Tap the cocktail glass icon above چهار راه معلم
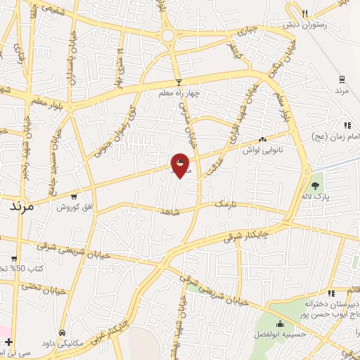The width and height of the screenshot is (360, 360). (179, 82)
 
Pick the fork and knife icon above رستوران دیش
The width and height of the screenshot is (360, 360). (304, 13)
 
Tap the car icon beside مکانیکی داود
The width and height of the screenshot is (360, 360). (63, 331)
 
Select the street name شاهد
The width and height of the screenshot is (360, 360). (171, 211)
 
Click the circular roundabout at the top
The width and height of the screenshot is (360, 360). (168, 35)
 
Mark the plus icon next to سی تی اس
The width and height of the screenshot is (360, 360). (8, 342)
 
